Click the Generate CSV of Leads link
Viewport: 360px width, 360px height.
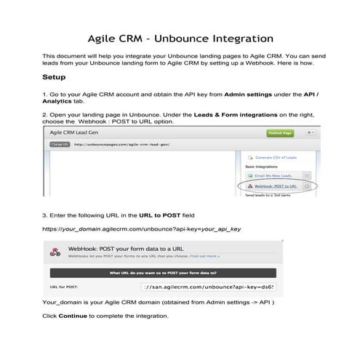tap(275, 156)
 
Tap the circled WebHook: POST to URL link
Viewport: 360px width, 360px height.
tap(276, 186)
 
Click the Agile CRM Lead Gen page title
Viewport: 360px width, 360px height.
tap(77, 133)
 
